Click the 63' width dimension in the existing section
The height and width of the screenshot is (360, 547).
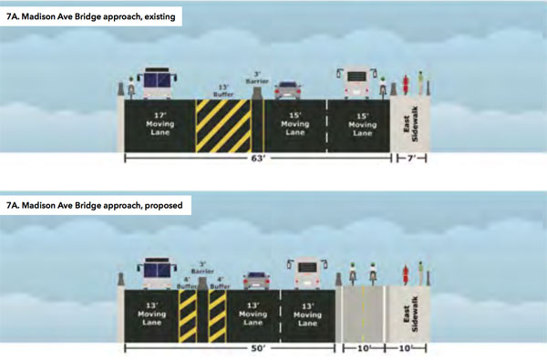tap(258, 159)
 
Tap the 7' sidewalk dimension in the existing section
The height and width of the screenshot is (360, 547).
tap(412, 159)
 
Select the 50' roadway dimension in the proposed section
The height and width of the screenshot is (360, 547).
tap(258, 348)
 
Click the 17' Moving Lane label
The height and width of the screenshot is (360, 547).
tap(160, 124)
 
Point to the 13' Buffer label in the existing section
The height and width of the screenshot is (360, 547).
tap(223, 91)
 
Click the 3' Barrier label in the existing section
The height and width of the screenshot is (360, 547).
tap(257, 77)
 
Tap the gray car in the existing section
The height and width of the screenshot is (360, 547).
tap(288, 90)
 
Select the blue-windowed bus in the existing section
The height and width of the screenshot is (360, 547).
tap(158, 83)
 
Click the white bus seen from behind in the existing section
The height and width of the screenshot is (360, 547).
tap(356, 83)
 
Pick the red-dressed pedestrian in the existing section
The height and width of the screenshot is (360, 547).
tap(406, 85)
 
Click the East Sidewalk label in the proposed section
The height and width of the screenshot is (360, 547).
tap(410, 314)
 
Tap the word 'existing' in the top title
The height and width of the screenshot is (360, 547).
tap(160, 16)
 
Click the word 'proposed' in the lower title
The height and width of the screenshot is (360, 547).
tap(163, 205)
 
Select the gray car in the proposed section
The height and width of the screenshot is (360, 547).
tap(256, 281)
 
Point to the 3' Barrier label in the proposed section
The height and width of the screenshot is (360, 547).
tap(202, 268)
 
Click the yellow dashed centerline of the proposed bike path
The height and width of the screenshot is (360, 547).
tap(363, 314)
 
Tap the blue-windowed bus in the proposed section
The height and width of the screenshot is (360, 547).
tap(158, 273)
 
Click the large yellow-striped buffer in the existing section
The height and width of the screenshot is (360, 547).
tap(223, 126)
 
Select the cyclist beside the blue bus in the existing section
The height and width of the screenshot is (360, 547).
tap(131, 87)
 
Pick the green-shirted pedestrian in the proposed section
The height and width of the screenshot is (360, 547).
tap(420, 273)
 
